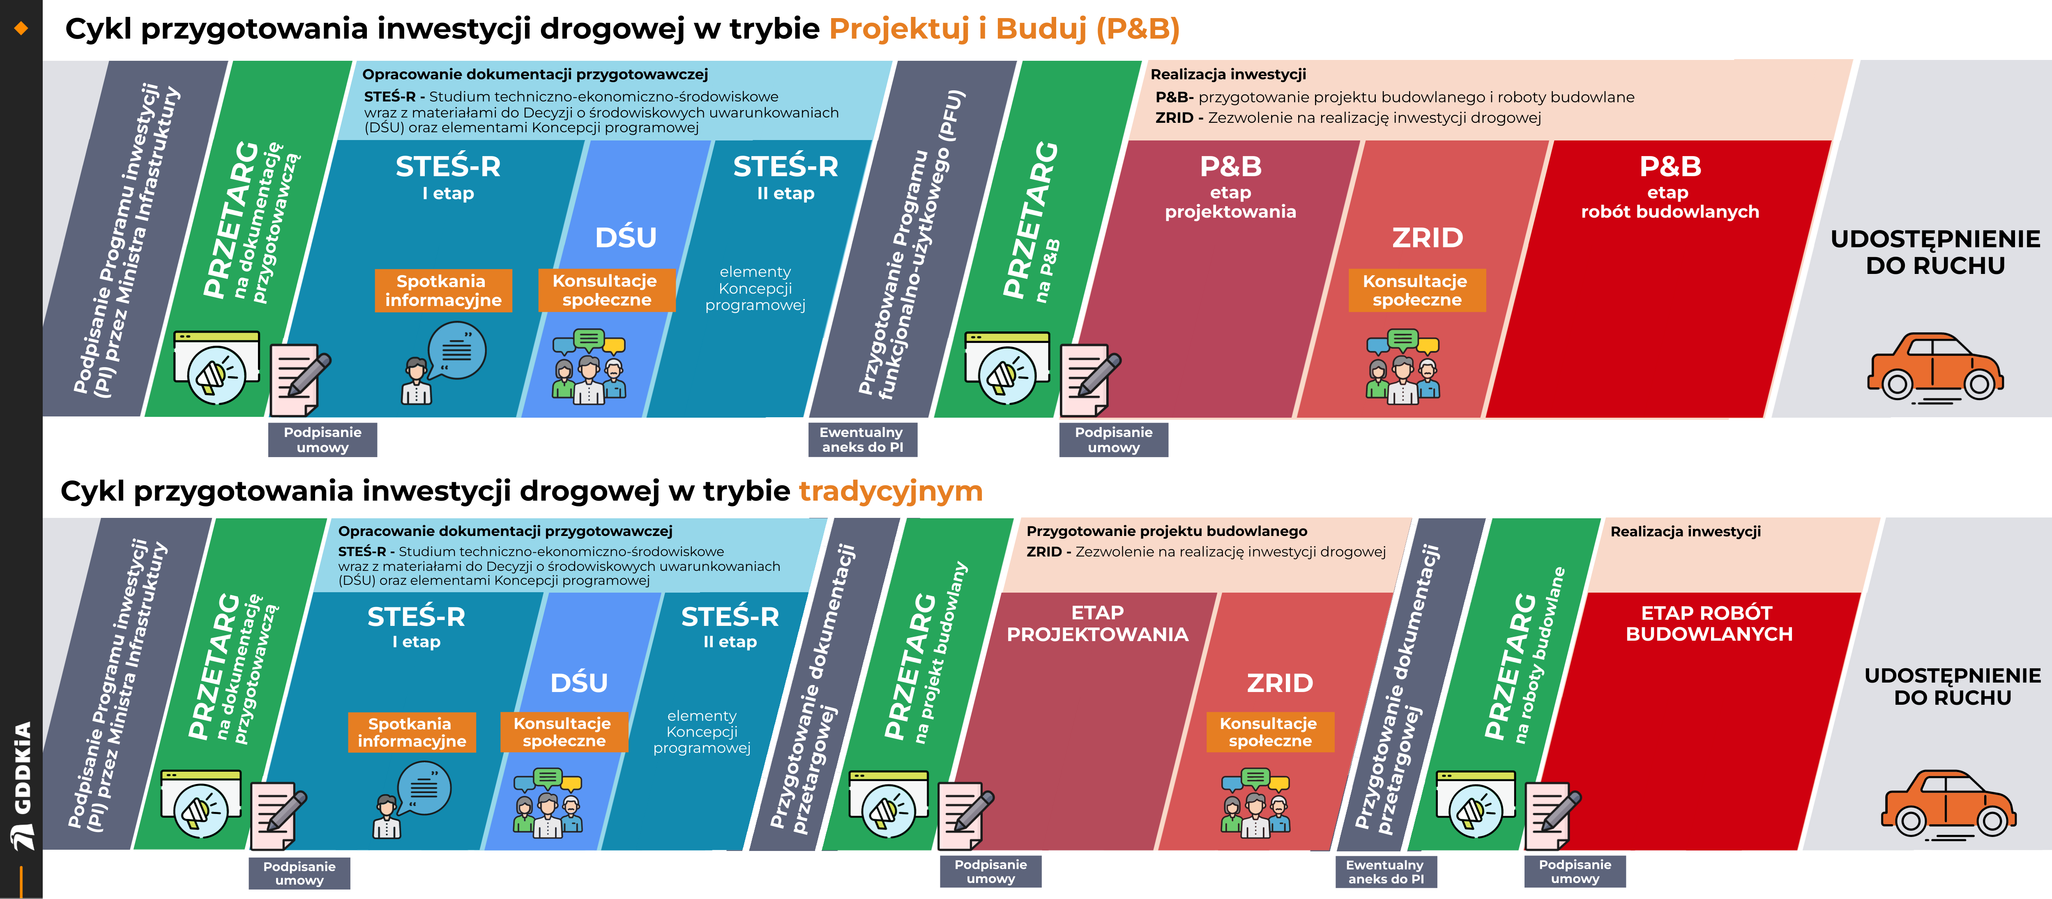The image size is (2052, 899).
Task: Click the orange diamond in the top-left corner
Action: click(21, 29)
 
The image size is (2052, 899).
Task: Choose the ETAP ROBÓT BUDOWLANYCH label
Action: click(1709, 623)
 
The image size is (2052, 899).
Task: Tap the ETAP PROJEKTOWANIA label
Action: click(1098, 623)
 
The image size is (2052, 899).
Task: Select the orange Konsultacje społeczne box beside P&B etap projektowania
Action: click(1416, 291)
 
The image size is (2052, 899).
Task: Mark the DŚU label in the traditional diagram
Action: click(579, 683)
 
